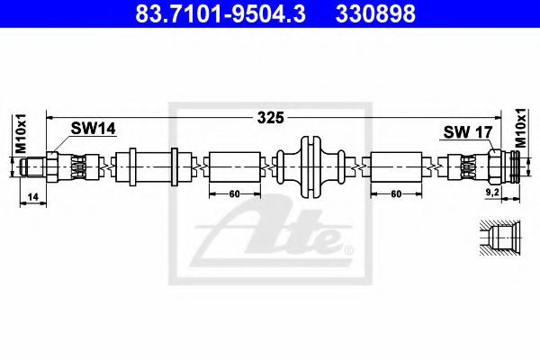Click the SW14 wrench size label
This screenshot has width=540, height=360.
(94, 130)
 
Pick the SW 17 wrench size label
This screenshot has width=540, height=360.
(467, 132)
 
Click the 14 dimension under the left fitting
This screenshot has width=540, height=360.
(32, 194)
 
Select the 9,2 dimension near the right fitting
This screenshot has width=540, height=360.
(493, 193)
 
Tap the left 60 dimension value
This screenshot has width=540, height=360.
(234, 193)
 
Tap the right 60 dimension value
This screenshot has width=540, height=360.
(395, 193)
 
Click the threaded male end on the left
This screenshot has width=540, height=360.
(33, 167)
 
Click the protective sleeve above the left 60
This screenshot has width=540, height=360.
(234, 167)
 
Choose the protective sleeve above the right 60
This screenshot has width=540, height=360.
(396, 167)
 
